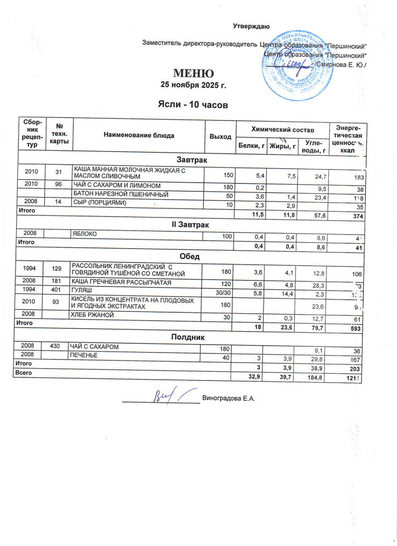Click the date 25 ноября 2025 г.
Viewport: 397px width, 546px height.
click(x=193, y=85)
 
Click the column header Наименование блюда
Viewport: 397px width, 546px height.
click(x=139, y=136)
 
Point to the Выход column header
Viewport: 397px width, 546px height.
click(x=220, y=137)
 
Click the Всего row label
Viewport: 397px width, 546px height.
click(x=25, y=373)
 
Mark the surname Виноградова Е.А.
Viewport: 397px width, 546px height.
click(x=228, y=398)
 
